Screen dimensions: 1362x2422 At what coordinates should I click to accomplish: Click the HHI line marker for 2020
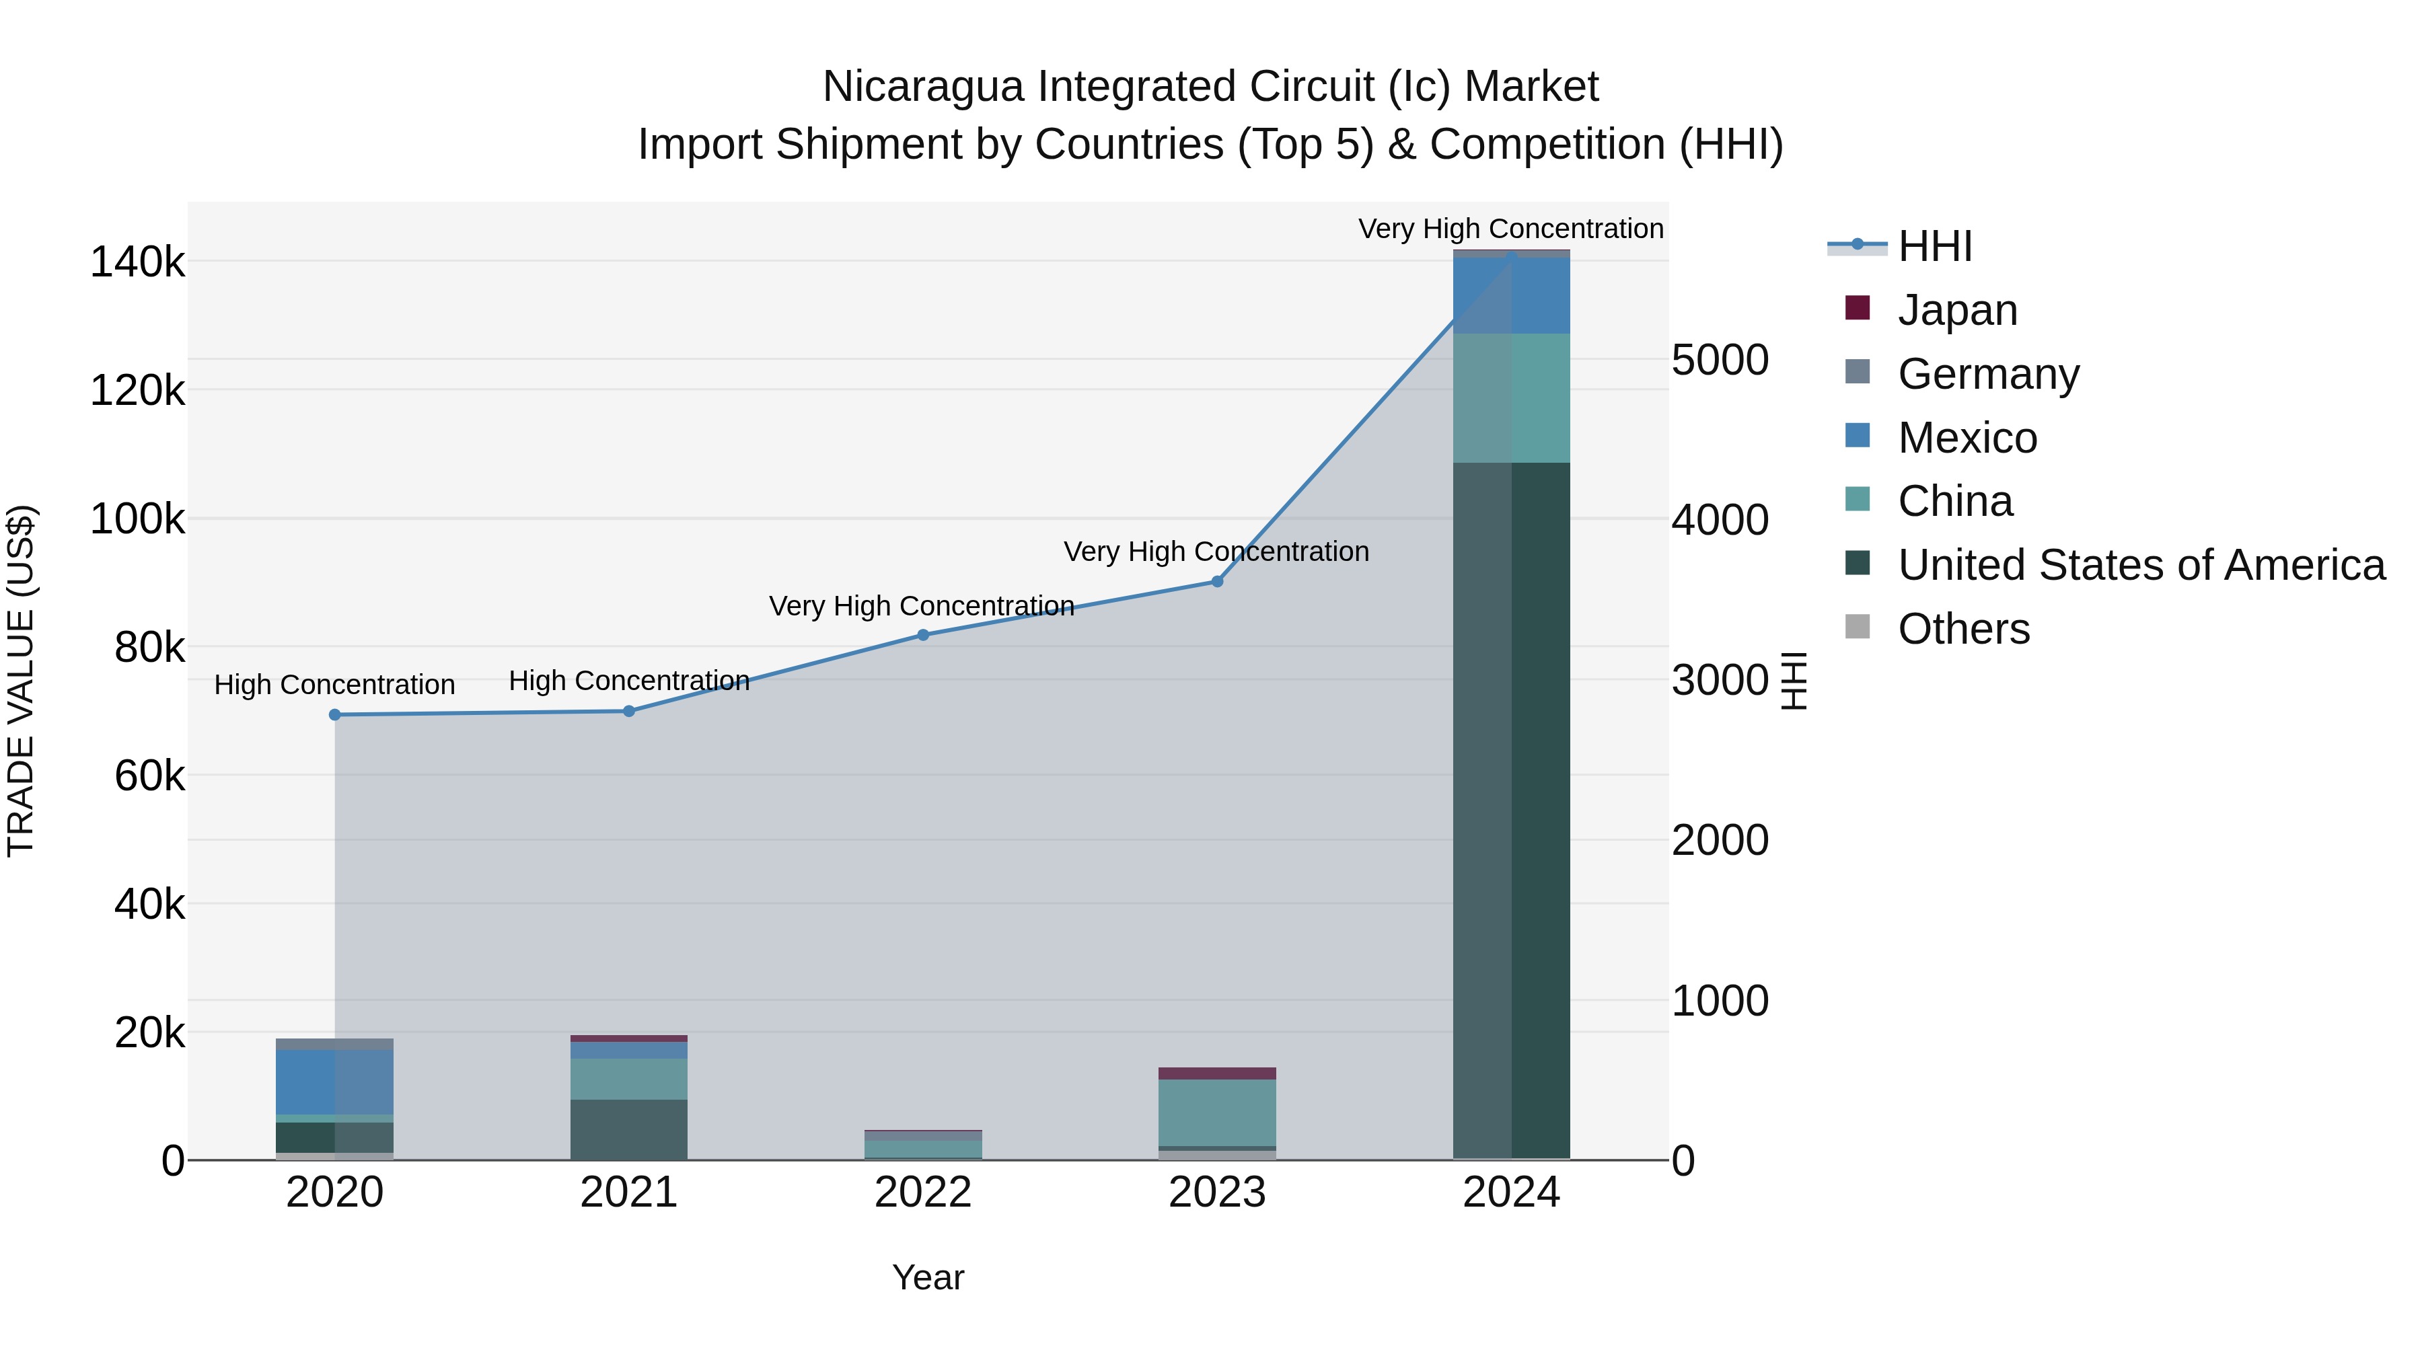[335, 714]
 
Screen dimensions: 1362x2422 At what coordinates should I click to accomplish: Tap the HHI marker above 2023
[1216, 582]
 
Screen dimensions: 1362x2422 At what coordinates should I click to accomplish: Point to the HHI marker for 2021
[629, 712]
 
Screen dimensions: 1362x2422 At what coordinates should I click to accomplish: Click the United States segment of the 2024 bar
[1511, 808]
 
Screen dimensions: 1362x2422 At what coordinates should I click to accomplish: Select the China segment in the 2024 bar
[1511, 398]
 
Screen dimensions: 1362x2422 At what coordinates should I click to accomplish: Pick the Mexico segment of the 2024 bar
[1511, 295]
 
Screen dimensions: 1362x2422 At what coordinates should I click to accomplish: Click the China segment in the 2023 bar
[1216, 1112]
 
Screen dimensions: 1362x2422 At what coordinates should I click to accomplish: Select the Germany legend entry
[1987, 374]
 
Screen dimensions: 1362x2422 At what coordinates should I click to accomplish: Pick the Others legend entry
[1963, 629]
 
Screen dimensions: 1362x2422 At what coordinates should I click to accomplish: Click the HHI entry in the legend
[1934, 246]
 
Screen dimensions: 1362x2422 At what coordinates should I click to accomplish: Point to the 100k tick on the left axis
[137, 519]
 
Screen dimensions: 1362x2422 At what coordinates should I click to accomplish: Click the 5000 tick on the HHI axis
[1720, 360]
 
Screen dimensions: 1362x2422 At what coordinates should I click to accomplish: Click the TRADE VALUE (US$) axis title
[22, 681]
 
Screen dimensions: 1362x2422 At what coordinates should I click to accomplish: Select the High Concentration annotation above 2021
[629, 681]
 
